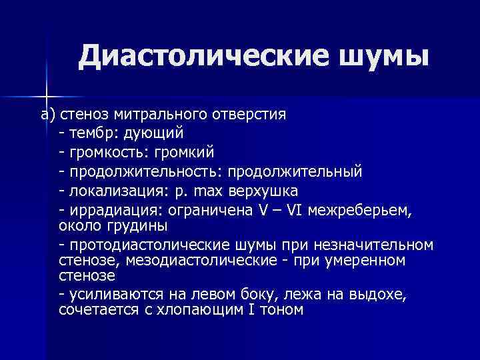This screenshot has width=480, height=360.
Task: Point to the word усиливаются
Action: coord(110,293)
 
